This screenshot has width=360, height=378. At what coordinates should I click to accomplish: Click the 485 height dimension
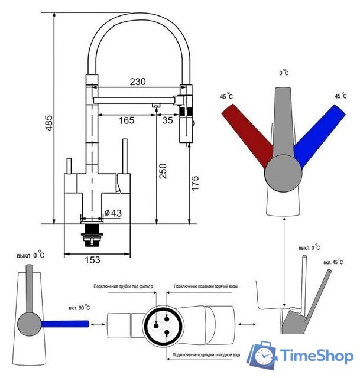pyautogui.click(x=49, y=122)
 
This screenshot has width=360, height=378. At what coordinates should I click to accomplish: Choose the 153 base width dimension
pyautogui.click(x=91, y=259)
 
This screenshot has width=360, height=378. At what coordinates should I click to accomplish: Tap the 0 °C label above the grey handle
pyautogui.click(x=284, y=73)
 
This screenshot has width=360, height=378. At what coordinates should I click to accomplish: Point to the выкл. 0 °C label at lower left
pyautogui.click(x=31, y=255)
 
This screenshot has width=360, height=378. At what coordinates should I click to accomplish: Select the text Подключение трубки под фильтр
pyautogui.click(x=123, y=286)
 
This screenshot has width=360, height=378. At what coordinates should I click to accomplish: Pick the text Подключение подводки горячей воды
pyautogui.click(x=206, y=286)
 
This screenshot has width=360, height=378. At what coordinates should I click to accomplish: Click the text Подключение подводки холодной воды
pyautogui.click(x=206, y=356)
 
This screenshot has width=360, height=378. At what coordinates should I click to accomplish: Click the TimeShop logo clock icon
pyautogui.click(x=261, y=356)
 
